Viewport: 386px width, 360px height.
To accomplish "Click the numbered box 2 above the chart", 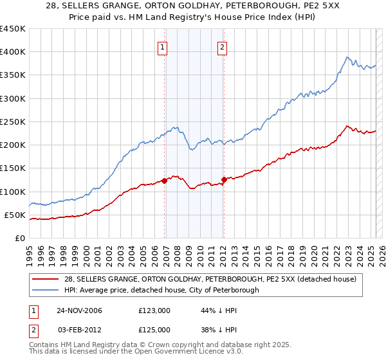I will (222, 47).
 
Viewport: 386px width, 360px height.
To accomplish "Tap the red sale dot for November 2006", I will (165, 181).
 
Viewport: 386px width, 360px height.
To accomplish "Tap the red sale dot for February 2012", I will (224, 179).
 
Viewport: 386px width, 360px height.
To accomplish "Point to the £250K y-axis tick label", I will (13, 122).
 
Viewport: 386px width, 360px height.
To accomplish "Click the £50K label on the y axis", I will (15, 215).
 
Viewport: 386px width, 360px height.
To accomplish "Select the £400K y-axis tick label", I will (13, 51).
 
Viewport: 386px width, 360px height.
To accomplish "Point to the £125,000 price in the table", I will (154, 328).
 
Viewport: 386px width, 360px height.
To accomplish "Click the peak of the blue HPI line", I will (346, 57).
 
